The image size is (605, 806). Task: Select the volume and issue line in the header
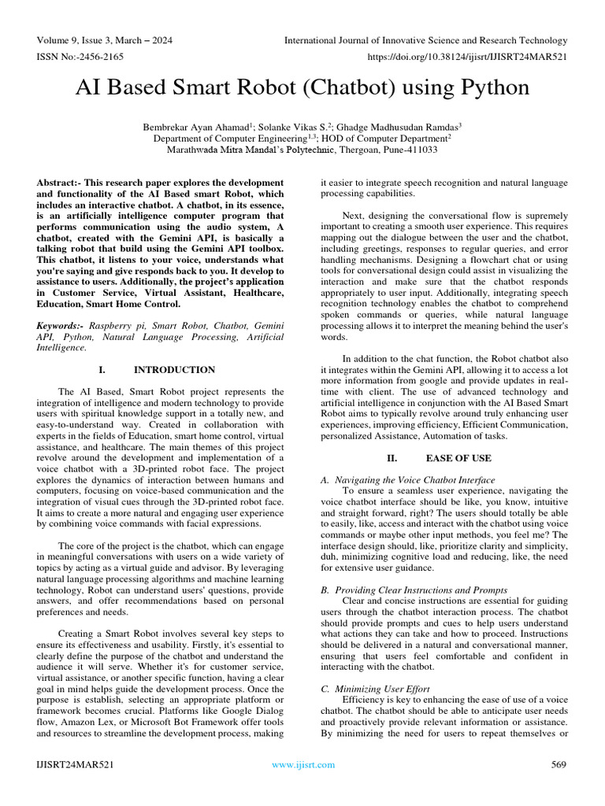coord(105,40)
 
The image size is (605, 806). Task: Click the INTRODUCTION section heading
coord(174,369)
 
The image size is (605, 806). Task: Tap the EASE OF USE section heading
coord(458,457)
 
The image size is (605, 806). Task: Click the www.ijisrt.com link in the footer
coord(302,764)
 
